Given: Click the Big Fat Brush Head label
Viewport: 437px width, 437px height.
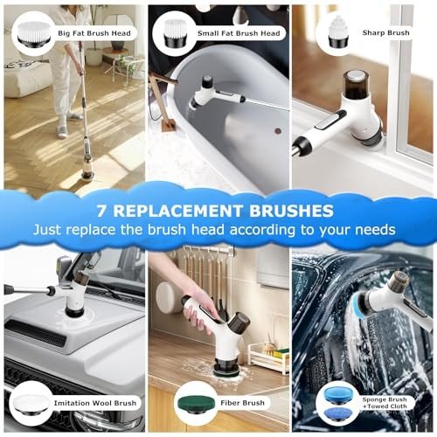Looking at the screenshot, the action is (94, 33).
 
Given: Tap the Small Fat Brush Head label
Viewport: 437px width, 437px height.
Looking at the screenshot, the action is (239, 33).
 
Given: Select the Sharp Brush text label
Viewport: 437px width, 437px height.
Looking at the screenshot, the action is (385, 32).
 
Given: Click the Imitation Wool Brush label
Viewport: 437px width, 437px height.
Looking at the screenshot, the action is (95, 403).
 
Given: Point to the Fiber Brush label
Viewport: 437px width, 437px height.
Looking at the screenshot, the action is (242, 403).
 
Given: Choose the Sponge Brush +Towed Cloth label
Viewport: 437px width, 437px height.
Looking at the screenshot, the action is (385, 403).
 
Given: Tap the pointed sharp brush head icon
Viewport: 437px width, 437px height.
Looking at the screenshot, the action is (338, 31).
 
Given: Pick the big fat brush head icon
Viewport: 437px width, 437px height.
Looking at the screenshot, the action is (34, 33).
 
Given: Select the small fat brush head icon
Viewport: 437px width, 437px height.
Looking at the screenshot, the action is (175, 33).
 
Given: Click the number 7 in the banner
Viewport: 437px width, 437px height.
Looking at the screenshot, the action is (101, 211).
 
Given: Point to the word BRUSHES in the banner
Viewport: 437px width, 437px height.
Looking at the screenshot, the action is (291, 211).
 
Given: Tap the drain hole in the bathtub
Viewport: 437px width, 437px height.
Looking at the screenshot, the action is (278, 131).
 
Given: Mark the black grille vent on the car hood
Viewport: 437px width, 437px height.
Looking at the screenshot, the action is (37, 334).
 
